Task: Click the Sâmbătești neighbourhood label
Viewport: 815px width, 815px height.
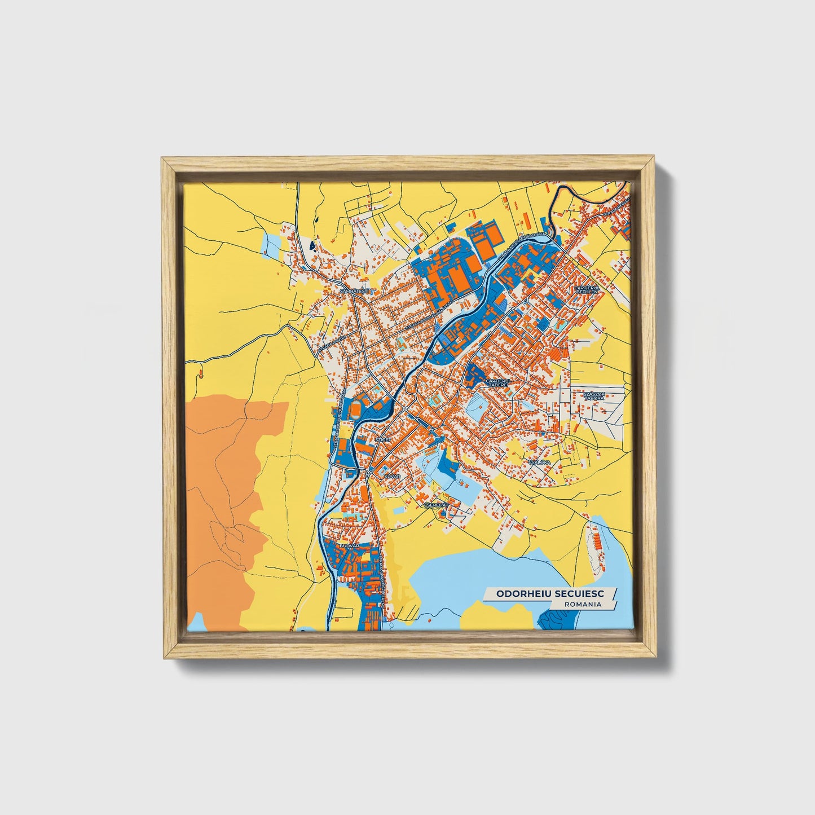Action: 354,291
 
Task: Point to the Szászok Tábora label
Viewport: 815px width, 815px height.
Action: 594,395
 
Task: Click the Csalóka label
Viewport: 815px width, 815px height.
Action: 539,462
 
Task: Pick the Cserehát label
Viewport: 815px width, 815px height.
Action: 435,505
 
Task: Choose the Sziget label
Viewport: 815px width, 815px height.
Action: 383,438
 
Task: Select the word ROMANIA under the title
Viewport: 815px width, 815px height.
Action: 582,604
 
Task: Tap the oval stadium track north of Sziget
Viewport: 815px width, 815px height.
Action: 356,409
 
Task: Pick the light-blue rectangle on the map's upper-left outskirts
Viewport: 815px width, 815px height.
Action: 271,243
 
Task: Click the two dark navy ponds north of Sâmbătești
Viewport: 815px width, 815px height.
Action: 312,246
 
